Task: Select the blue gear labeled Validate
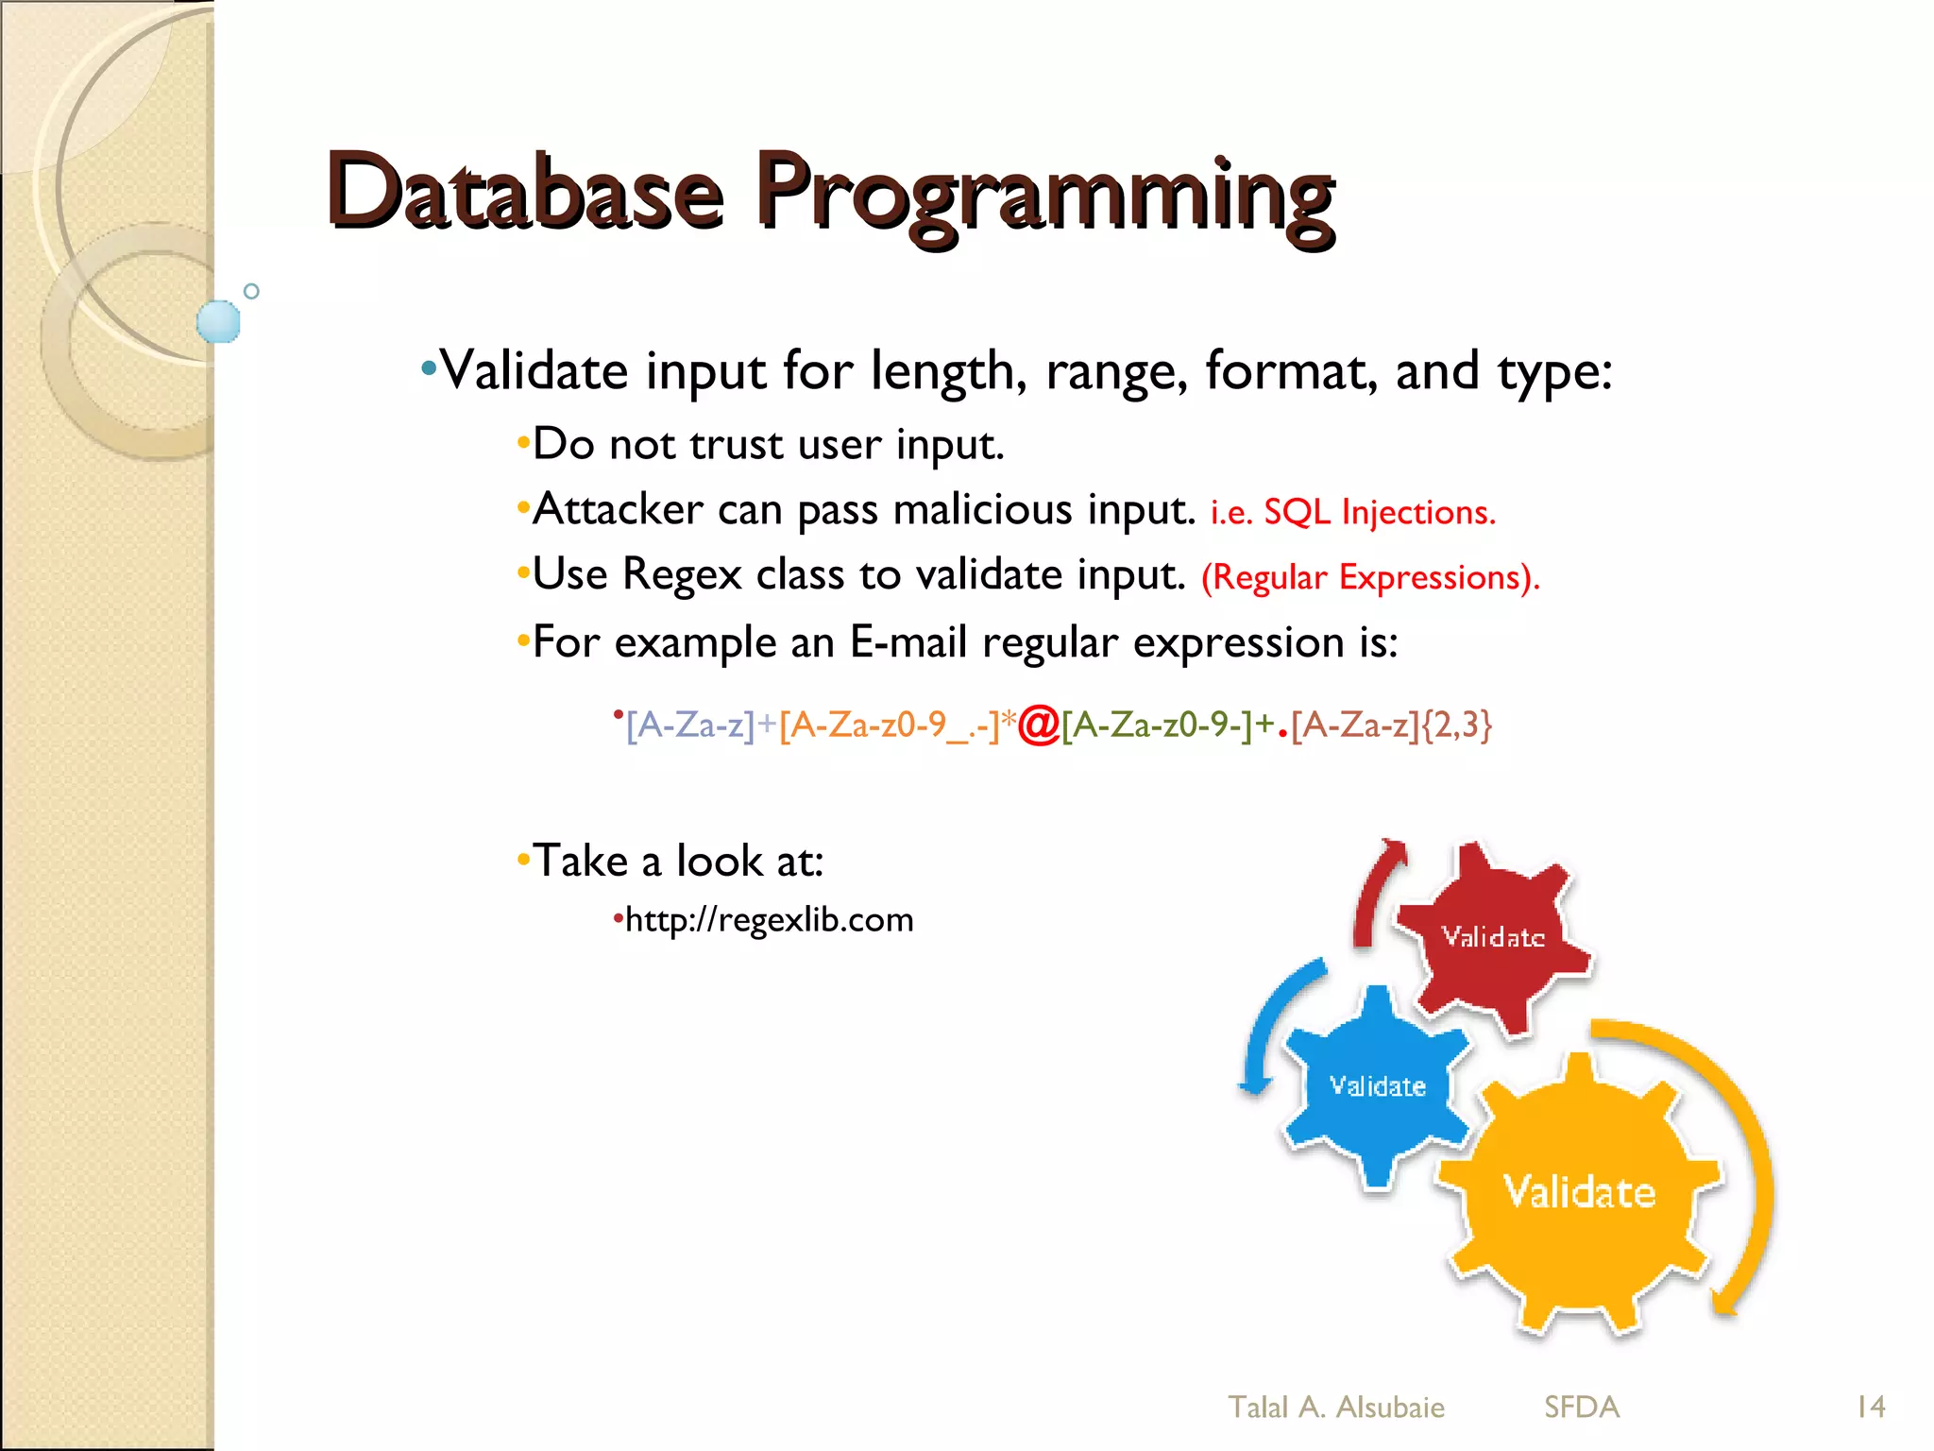pyautogui.click(x=1377, y=1085)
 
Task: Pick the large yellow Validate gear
pyautogui.click(x=1579, y=1192)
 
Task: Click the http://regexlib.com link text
pyautogui.click(x=769, y=919)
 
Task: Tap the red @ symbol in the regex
pyautogui.click(x=1039, y=725)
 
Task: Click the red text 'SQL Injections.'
pyautogui.click(x=1380, y=512)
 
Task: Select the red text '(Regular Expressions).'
pyautogui.click(x=1369, y=577)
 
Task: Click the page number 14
pyautogui.click(x=1870, y=1407)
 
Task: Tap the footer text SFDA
pyautogui.click(x=1582, y=1407)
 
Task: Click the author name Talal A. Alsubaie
pyautogui.click(x=1335, y=1407)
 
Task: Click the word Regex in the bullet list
pyautogui.click(x=682, y=574)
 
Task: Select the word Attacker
pyautogui.click(x=618, y=509)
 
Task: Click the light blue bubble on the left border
pyautogui.click(x=218, y=321)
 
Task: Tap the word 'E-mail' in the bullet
pyautogui.click(x=908, y=642)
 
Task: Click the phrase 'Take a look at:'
pyautogui.click(x=677, y=861)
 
